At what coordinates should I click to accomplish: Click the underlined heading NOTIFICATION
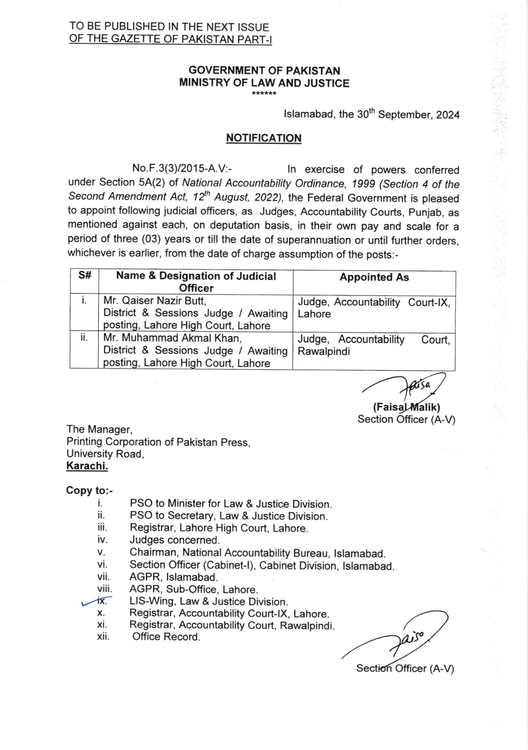tap(264, 138)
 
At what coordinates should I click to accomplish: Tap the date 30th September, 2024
tap(408, 114)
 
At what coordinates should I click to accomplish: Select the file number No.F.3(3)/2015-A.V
tap(182, 168)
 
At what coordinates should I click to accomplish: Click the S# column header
tap(84, 276)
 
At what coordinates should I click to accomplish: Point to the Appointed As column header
tap(374, 277)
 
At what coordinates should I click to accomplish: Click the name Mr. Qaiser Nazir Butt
tap(155, 300)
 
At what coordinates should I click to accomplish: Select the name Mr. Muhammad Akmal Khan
tap(172, 338)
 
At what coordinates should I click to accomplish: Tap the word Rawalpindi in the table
tap(324, 352)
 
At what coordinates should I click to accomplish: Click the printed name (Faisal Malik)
tap(406, 407)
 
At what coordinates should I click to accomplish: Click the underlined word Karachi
tap(87, 466)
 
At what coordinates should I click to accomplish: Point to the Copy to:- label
tap(89, 490)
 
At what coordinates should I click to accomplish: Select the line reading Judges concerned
tap(175, 540)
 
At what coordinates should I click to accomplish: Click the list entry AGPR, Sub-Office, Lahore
tap(193, 589)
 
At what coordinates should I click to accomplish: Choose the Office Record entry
tap(166, 637)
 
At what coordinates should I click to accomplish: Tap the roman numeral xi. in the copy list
tap(102, 625)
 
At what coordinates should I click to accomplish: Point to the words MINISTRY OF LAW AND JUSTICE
tap(264, 83)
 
